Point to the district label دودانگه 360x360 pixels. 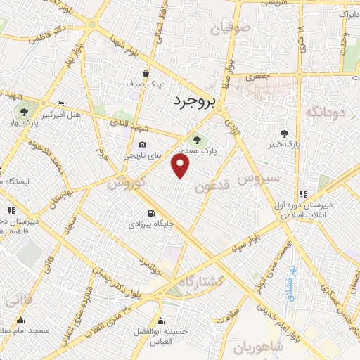pyautogui.click(x=325, y=111)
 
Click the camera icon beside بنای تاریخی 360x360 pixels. pyautogui.click(x=142, y=145)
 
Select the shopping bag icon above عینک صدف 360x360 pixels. pyautogui.click(x=146, y=73)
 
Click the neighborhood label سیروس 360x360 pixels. pyautogui.click(x=258, y=179)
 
